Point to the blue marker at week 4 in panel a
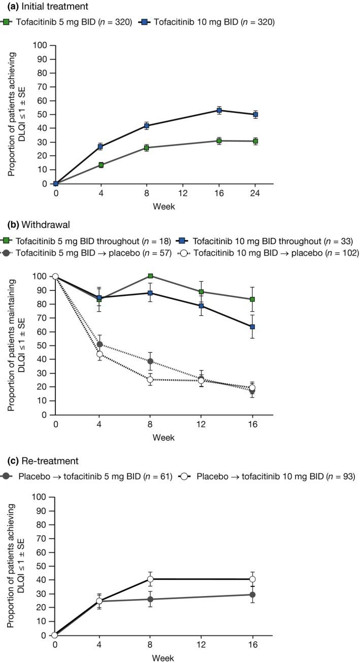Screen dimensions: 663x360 click(x=101, y=147)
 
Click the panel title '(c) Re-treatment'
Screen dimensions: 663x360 click(x=39, y=461)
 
